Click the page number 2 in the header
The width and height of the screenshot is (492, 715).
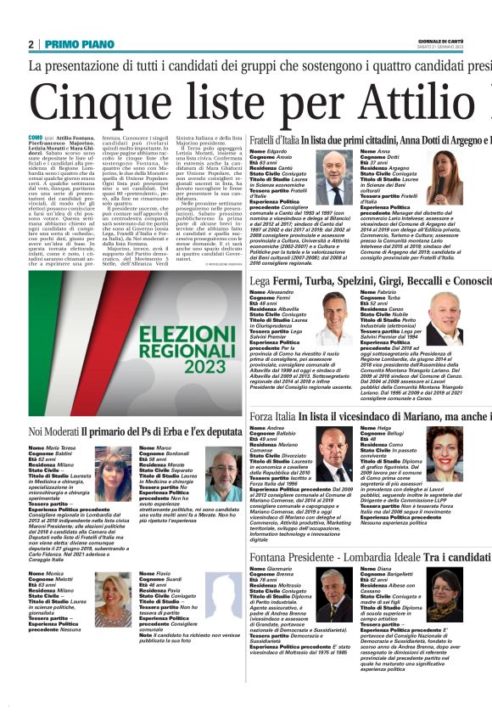[31, 44]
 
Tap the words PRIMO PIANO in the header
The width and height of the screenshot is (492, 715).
[75, 44]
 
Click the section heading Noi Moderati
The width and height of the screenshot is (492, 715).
[59, 431]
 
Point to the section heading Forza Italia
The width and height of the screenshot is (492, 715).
[272, 417]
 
